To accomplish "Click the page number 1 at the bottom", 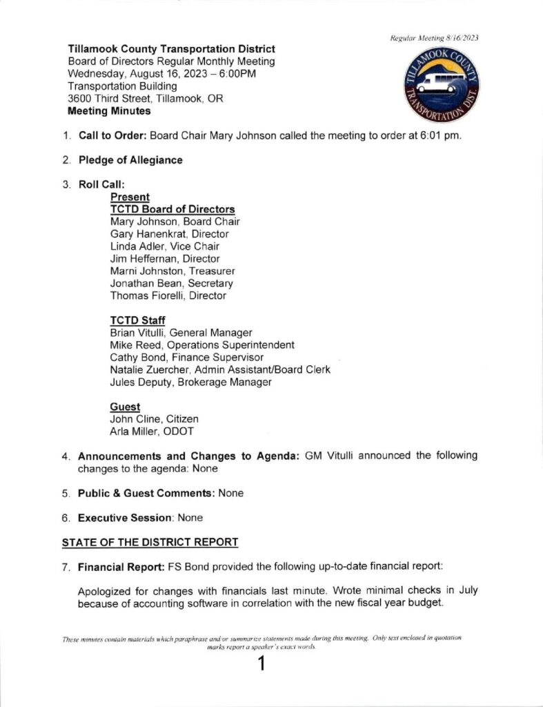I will point(261,665).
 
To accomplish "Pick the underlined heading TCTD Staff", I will point(138,320).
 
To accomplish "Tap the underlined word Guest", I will point(125,407).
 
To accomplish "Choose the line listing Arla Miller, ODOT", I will point(152,432).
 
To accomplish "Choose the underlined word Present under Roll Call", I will point(130,197).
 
